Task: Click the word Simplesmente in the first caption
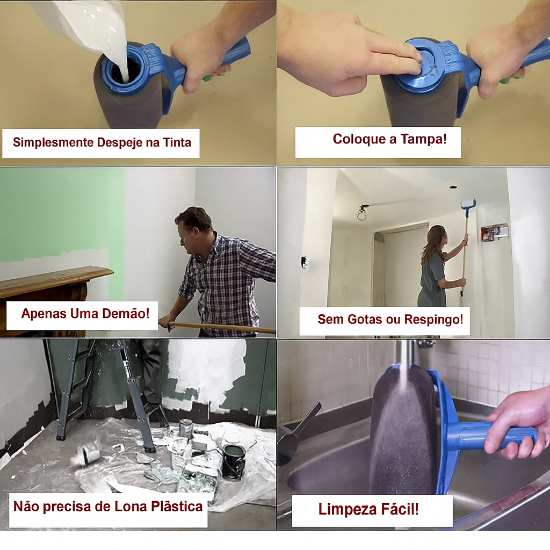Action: (53, 143)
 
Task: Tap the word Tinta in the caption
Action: (177, 142)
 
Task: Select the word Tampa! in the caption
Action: (424, 139)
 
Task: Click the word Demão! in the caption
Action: (126, 313)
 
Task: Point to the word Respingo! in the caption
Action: (433, 319)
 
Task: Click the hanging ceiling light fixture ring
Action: (361, 215)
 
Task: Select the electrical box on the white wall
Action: (494, 233)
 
